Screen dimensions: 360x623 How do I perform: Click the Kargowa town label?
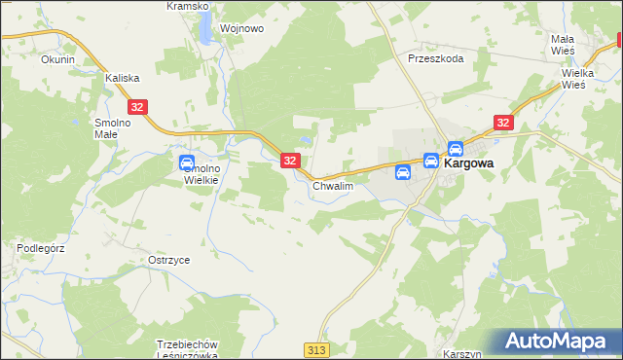pyautogui.click(x=468, y=165)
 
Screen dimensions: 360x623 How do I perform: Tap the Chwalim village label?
pyautogui.click(x=332, y=185)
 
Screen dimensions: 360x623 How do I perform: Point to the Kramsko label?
pyautogui.click(x=188, y=6)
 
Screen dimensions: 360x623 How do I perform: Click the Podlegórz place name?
pyautogui.click(x=40, y=248)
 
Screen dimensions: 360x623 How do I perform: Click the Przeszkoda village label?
pyautogui.click(x=436, y=58)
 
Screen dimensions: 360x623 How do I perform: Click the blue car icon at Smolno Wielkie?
pyautogui.click(x=187, y=162)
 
